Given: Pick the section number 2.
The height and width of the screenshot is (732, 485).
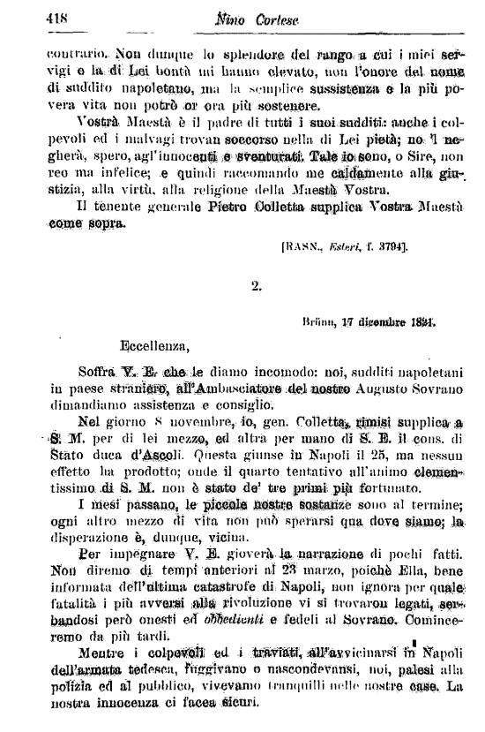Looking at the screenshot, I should point(256,284).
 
